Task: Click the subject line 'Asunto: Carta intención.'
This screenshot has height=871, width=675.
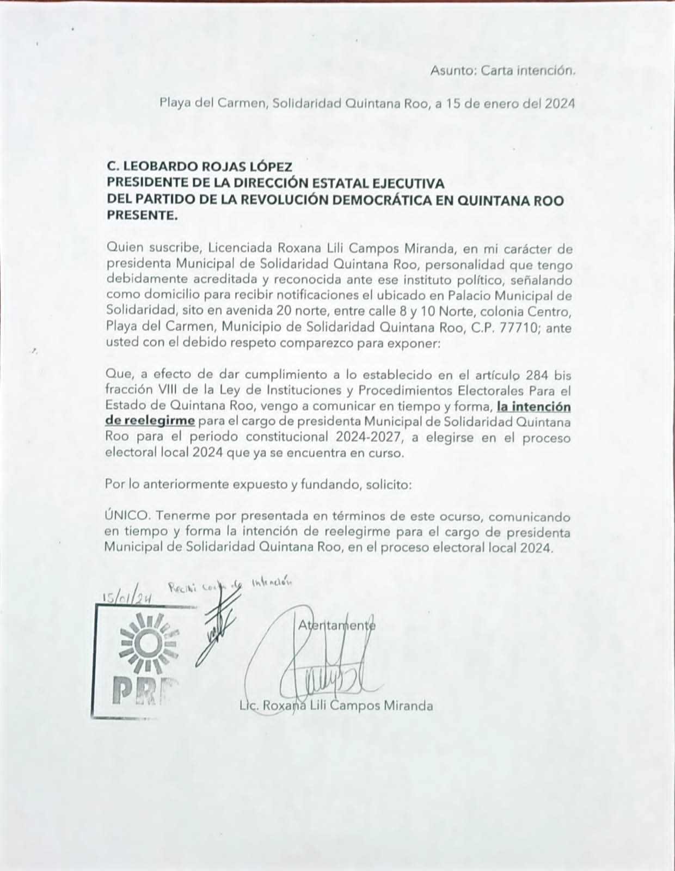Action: point(502,70)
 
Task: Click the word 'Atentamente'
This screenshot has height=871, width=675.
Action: point(336,625)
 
